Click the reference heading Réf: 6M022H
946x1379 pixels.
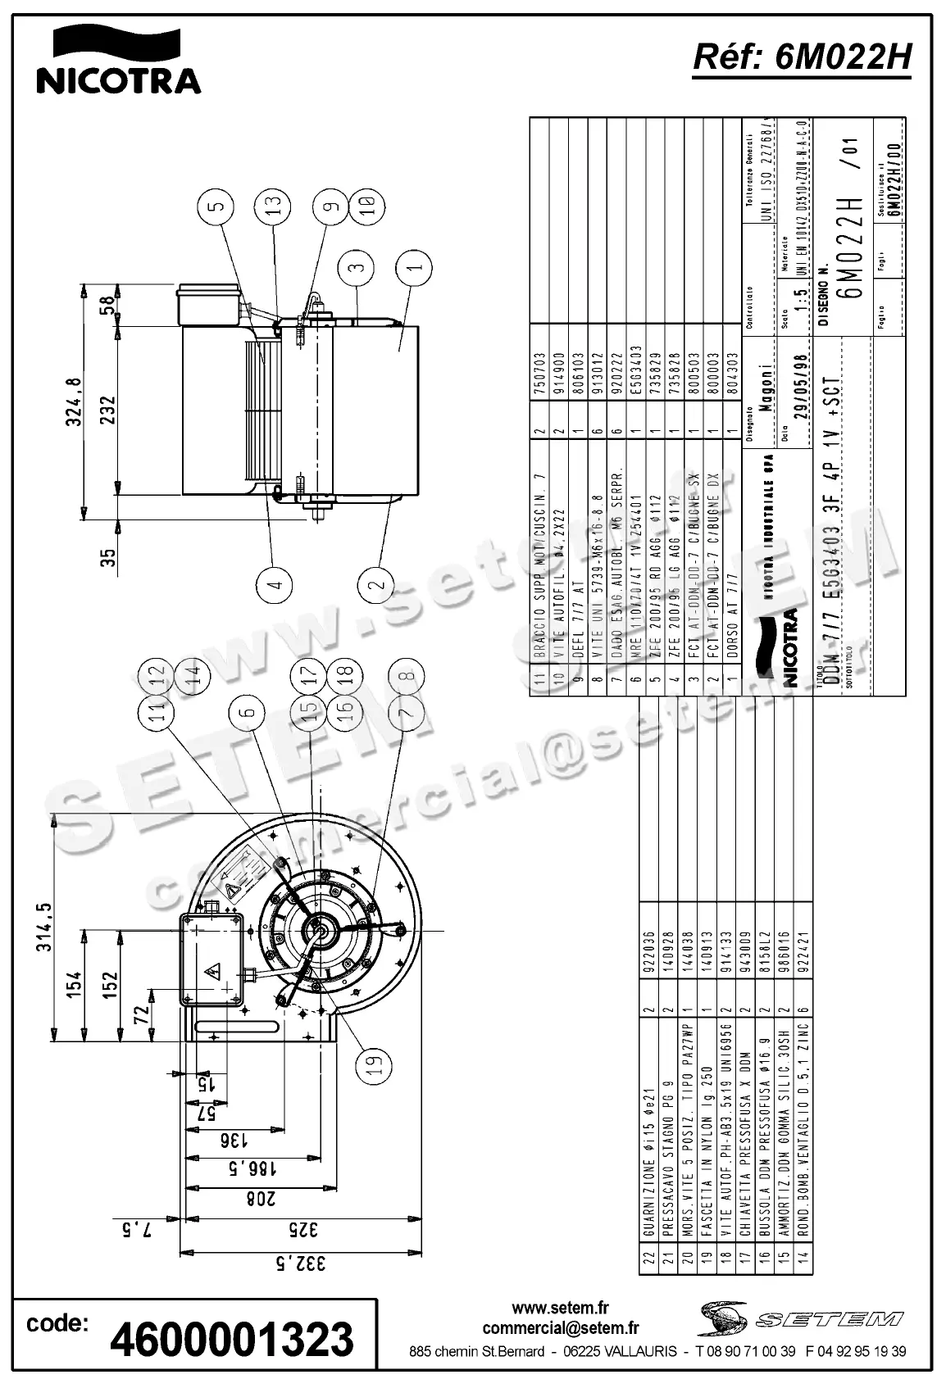click(802, 58)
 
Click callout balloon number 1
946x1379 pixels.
click(415, 268)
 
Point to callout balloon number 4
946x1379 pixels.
click(274, 583)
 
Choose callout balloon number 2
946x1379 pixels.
click(376, 583)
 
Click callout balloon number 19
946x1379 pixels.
click(374, 1064)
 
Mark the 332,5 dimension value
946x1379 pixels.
click(300, 1263)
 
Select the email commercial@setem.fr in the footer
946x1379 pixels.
click(561, 1328)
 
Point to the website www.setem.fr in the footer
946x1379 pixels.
click(561, 1308)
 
